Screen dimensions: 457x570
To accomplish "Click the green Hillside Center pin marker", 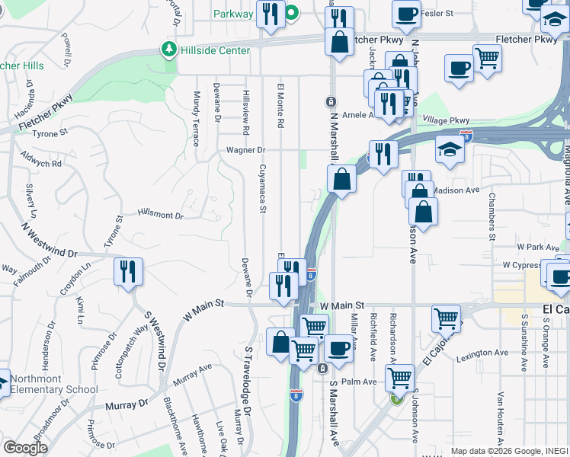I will (x=168, y=50).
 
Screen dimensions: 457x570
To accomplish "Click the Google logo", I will (x=25, y=448).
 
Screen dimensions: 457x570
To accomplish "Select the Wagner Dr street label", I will (x=245, y=150).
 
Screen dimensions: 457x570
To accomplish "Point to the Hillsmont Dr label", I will (x=160, y=216).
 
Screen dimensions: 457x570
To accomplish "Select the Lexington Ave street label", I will (x=482, y=353).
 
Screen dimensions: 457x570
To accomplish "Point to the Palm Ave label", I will (x=359, y=382).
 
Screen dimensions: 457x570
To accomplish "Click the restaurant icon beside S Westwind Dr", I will (x=128, y=271).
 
